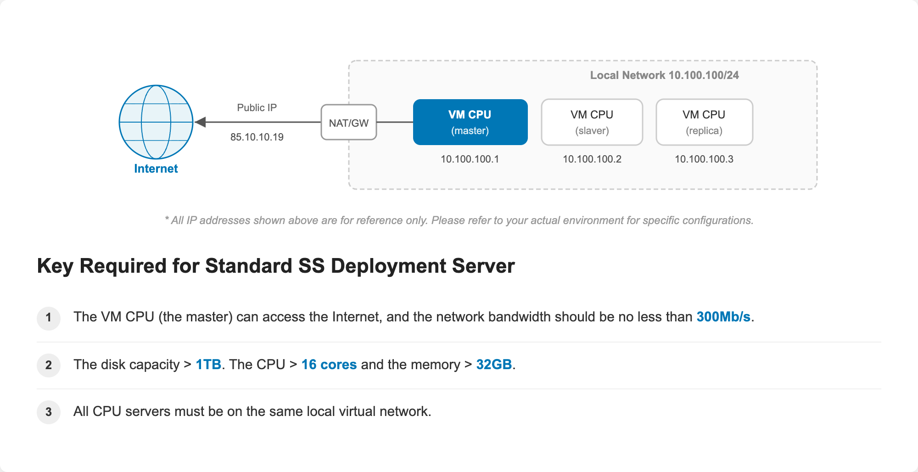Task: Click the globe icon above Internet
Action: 156,122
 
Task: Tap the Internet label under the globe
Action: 156,169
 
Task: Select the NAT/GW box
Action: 349,122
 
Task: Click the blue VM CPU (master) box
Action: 470,122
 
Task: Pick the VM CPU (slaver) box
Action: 592,122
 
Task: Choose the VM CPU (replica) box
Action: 705,122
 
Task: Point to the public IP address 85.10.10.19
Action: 257,137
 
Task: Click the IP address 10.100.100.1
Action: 470,159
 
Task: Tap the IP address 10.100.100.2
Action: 592,159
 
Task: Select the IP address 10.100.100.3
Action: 704,159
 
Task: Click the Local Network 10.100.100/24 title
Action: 665,75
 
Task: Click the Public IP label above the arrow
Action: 257,108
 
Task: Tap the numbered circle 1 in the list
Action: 49,318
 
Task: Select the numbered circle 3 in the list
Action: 49,412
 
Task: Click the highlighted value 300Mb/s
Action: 723,317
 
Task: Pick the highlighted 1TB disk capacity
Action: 208,365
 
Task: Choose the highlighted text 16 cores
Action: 329,365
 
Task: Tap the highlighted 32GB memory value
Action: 494,365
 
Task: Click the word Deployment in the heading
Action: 389,266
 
